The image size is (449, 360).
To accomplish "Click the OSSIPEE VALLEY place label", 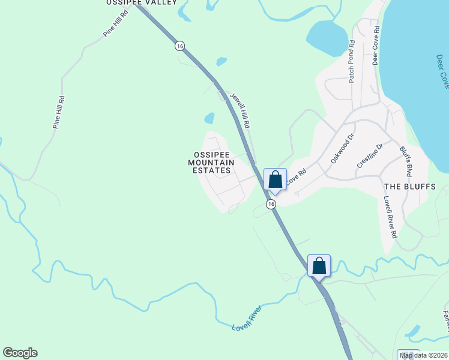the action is pyautogui.click(x=142, y=3).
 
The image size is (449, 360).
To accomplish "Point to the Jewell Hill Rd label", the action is pyautogui.click(x=240, y=109).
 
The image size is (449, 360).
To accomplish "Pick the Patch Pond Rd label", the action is pyautogui.click(x=352, y=61).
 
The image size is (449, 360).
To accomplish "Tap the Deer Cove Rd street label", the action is pyautogui.click(x=376, y=45).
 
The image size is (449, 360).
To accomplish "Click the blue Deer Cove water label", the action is pyautogui.click(x=443, y=72).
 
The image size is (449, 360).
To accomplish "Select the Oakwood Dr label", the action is pyautogui.click(x=343, y=149).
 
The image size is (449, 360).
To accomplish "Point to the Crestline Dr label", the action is pyautogui.click(x=370, y=157).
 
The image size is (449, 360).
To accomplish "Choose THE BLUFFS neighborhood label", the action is pyautogui.click(x=409, y=187).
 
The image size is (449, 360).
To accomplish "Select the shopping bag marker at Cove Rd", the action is pyautogui.click(x=275, y=179).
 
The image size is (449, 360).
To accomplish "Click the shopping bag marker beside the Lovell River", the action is pyautogui.click(x=319, y=265).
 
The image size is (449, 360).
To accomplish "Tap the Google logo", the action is pyautogui.click(x=20, y=353).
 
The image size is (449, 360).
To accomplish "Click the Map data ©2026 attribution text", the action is pyautogui.click(x=424, y=355).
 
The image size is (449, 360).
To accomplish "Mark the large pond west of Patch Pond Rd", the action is pyautogui.click(x=327, y=37).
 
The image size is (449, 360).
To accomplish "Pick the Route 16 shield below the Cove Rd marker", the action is pyautogui.click(x=271, y=205).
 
